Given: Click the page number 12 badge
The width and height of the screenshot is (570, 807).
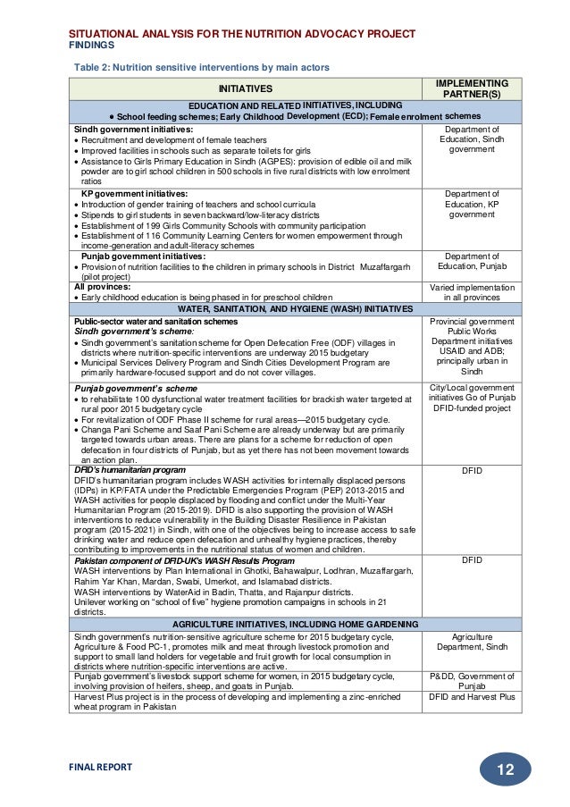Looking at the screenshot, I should pyautogui.click(x=505, y=769).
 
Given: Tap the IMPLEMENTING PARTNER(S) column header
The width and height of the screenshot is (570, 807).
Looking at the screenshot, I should pyautogui.click(x=471, y=88).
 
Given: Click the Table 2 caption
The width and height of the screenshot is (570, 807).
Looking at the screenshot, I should pyautogui.click(x=201, y=67).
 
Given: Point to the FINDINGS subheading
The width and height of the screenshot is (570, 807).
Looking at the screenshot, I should pyautogui.click(x=92, y=44).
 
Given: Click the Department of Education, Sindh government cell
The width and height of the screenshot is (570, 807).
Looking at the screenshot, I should pyautogui.click(x=471, y=139).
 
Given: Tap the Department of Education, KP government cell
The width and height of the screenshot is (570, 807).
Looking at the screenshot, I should pyautogui.click(x=471, y=204).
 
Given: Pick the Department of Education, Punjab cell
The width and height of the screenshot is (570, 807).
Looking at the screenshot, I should pyautogui.click(x=471, y=261).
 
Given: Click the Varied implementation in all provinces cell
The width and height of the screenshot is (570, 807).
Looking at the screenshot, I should pyautogui.click(x=471, y=292).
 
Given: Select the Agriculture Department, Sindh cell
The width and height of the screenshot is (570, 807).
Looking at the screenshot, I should pyautogui.click(x=471, y=642).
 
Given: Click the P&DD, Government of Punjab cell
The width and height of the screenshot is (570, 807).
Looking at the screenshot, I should pyautogui.click(x=471, y=682).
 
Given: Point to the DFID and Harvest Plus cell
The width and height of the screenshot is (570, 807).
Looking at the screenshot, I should pyautogui.click(x=471, y=697).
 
